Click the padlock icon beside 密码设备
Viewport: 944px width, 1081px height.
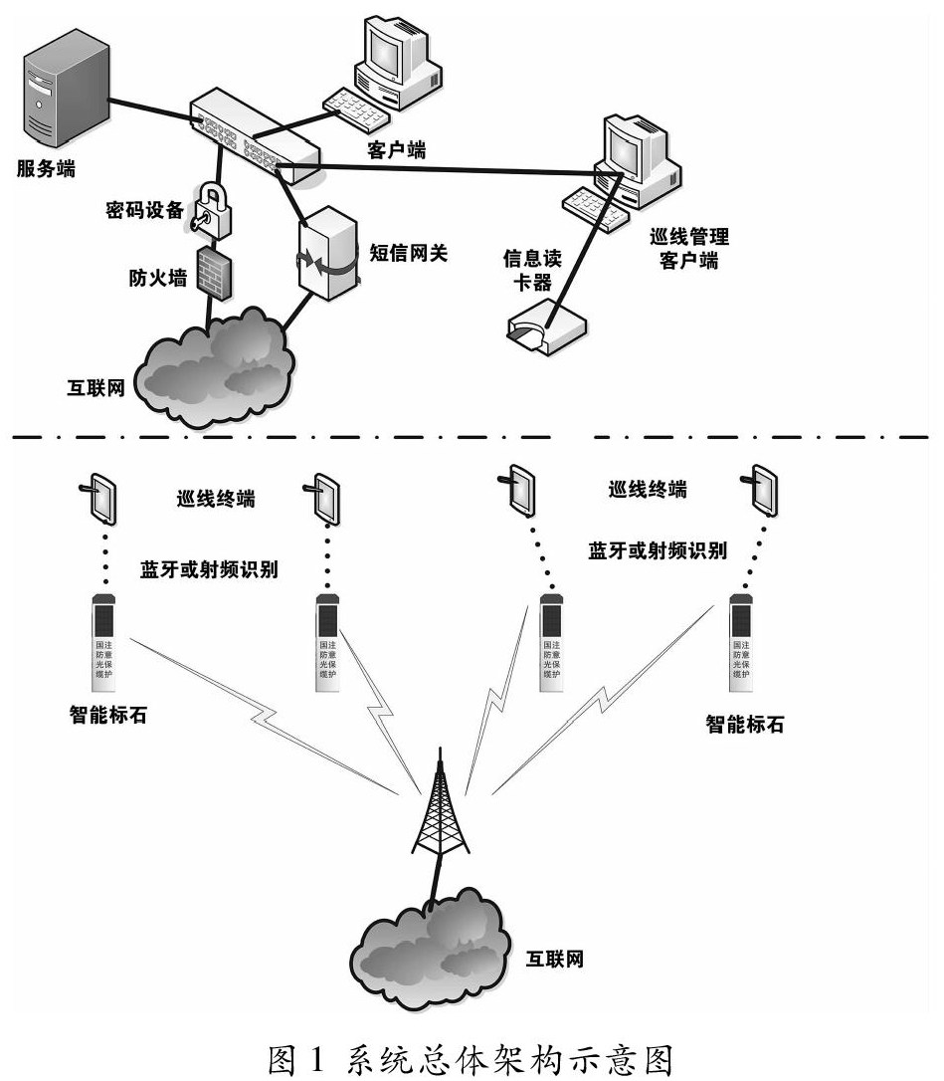211,208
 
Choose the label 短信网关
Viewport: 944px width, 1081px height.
411,251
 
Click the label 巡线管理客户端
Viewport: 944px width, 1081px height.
688,250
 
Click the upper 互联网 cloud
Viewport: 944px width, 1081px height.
213,362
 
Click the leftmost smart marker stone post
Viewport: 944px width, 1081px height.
104,642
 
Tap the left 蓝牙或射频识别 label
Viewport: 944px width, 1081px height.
210,569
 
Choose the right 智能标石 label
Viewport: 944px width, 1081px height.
744,725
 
